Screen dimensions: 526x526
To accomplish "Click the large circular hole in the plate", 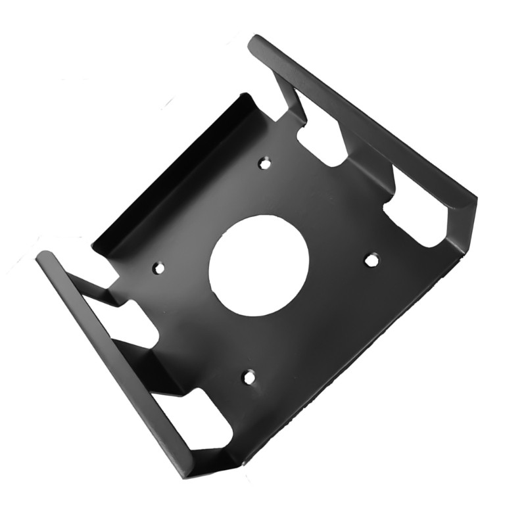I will click(x=259, y=264).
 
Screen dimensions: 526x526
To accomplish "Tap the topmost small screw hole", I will click(x=264, y=162).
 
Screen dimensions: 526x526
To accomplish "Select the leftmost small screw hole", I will click(x=158, y=268).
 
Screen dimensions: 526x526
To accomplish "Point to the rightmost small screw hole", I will click(x=371, y=260).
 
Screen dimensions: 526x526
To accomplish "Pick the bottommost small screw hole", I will click(x=249, y=377).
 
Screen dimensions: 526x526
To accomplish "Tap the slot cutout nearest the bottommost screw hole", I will click(x=207, y=414).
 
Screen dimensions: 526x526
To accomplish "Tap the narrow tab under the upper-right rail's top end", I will click(x=289, y=99).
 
